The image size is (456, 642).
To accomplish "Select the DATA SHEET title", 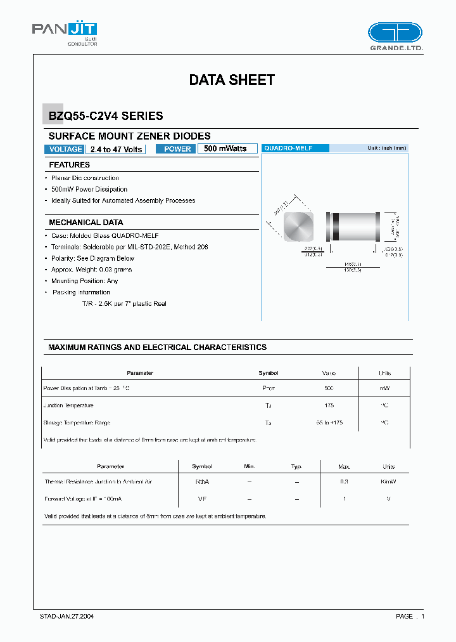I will pyautogui.click(x=232, y=80).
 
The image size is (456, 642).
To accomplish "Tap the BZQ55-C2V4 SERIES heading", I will pyautogui.click(x=106, y=116).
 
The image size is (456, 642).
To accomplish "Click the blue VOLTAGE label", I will pyautogui.click(x=65, y=149).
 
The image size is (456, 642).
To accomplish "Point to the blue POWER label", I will pyautogui.click(x=177, y=149).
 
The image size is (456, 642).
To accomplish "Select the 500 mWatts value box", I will pyautogui.click(x=227, y=148).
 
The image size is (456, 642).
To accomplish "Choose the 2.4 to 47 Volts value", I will pyautogui.click(x=116, y=149).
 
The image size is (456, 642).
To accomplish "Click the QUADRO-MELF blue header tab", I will pyautogui.click(x=294, y=148).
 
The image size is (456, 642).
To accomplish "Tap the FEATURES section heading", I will pyautogui.click(x=70, y=165).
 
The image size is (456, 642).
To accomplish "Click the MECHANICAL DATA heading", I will pyautogui.click(x=86, y=223).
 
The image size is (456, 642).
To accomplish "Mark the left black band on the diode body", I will pyautogui.click(x=336, y=225).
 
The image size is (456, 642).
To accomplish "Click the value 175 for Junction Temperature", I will pyautogui.click(x=328, y=405).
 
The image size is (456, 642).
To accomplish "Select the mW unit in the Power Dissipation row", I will pyautogui.click(x=384, y=388).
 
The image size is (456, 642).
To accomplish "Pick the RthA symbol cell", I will pyautogui.click(x=202, y=482).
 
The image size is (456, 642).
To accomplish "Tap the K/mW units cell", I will pyautogui.click(x=388, y=482).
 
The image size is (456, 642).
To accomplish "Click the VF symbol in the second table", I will pyautogui.click(x=202, y=499).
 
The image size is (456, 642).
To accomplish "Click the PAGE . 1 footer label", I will pyautogui.click(x=410, y=617).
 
